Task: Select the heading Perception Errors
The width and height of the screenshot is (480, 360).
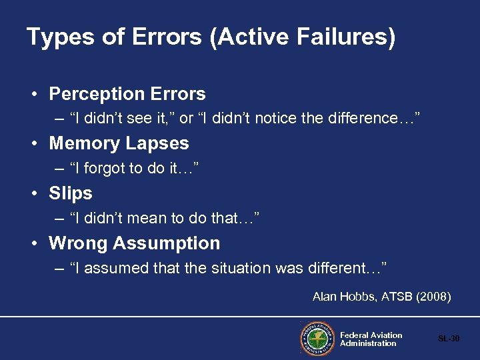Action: pos(127,94)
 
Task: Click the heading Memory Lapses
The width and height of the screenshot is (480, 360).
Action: pos(119,143)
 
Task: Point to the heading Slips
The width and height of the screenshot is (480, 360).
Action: pos(71,193)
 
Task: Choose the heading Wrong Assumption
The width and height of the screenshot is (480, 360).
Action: pos(134,243)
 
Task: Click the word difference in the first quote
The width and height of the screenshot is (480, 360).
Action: pos(375,119)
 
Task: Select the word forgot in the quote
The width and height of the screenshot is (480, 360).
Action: pos(109,169)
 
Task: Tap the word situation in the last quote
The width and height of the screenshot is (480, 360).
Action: pos(251,269)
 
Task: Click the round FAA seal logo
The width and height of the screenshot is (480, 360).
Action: pos(318,339)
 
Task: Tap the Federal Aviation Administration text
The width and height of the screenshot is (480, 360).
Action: pos(371,339)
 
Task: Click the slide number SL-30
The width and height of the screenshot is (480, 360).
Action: pos(449,339)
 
